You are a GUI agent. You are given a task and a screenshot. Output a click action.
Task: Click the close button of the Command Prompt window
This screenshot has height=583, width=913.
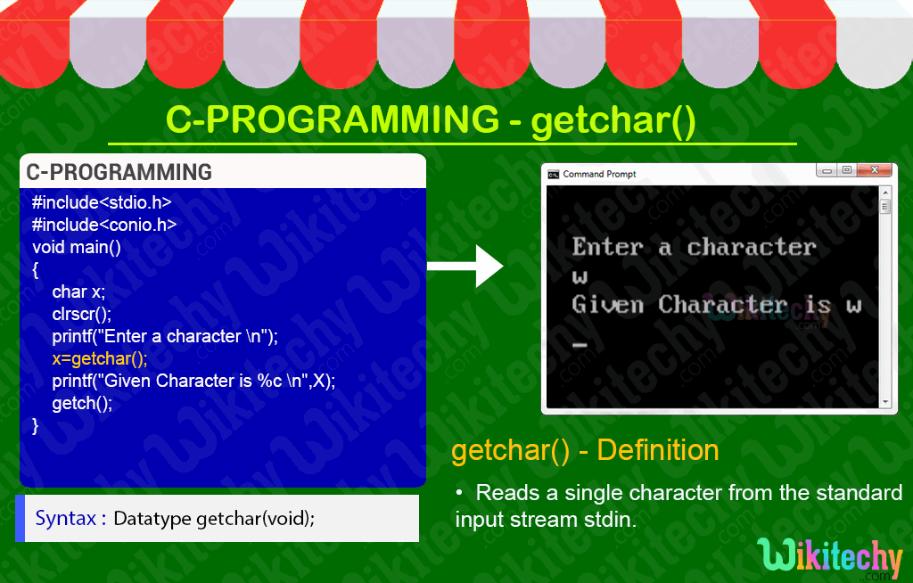click(875, 170)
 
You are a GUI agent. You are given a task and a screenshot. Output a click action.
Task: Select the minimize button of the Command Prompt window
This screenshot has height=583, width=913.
click(827, 170)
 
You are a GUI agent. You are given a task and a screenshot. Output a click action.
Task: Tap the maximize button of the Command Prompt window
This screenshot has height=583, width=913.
click(847, 170)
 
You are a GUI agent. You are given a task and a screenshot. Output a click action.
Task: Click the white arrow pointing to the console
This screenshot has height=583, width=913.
click(465, 267)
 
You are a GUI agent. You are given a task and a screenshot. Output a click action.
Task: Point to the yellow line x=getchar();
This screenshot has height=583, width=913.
click(100, 358)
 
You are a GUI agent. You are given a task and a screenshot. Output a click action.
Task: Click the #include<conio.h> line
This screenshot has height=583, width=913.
click(104, 225)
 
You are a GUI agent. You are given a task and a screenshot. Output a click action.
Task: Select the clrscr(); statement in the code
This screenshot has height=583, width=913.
click(81, 315)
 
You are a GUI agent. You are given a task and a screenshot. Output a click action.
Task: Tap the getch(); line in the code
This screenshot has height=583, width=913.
click(82, 404)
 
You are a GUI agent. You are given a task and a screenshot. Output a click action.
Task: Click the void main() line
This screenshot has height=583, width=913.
click(77, 248)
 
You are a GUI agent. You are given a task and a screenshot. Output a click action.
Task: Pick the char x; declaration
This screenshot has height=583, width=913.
click(78, 291)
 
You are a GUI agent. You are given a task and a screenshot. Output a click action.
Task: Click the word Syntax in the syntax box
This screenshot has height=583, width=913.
click(65, 518)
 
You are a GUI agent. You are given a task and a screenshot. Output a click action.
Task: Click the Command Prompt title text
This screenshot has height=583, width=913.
click(599, 174)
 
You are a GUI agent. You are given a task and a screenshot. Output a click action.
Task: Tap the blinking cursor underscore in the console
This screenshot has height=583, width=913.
click(580, 345)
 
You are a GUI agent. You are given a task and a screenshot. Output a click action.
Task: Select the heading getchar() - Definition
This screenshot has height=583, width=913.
click(585, 450)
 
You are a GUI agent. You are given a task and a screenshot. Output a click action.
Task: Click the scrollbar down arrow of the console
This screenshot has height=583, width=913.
click(885, 402)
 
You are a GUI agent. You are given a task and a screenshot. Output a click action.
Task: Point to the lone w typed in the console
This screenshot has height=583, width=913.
click(580, 276)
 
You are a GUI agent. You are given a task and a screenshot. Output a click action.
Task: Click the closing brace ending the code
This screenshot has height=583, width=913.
click(36, 426)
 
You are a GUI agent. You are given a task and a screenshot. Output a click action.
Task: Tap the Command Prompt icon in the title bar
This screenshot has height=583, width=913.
click(553, 174)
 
